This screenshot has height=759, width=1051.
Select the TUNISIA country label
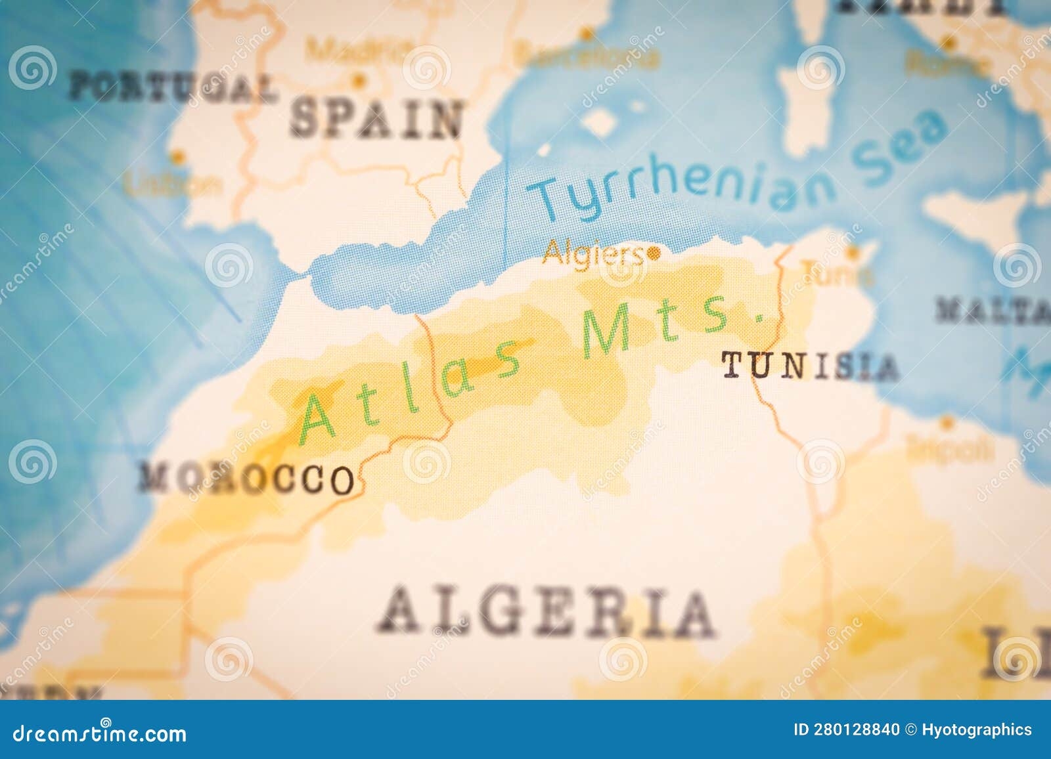pos(810,366)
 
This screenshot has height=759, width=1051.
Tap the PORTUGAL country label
pos(173,88)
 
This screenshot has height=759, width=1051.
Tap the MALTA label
pos(992,310)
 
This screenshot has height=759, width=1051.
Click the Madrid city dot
pos(358,81)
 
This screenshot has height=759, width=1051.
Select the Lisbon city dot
pos(176,158)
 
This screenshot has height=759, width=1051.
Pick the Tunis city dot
pos(852,251)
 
